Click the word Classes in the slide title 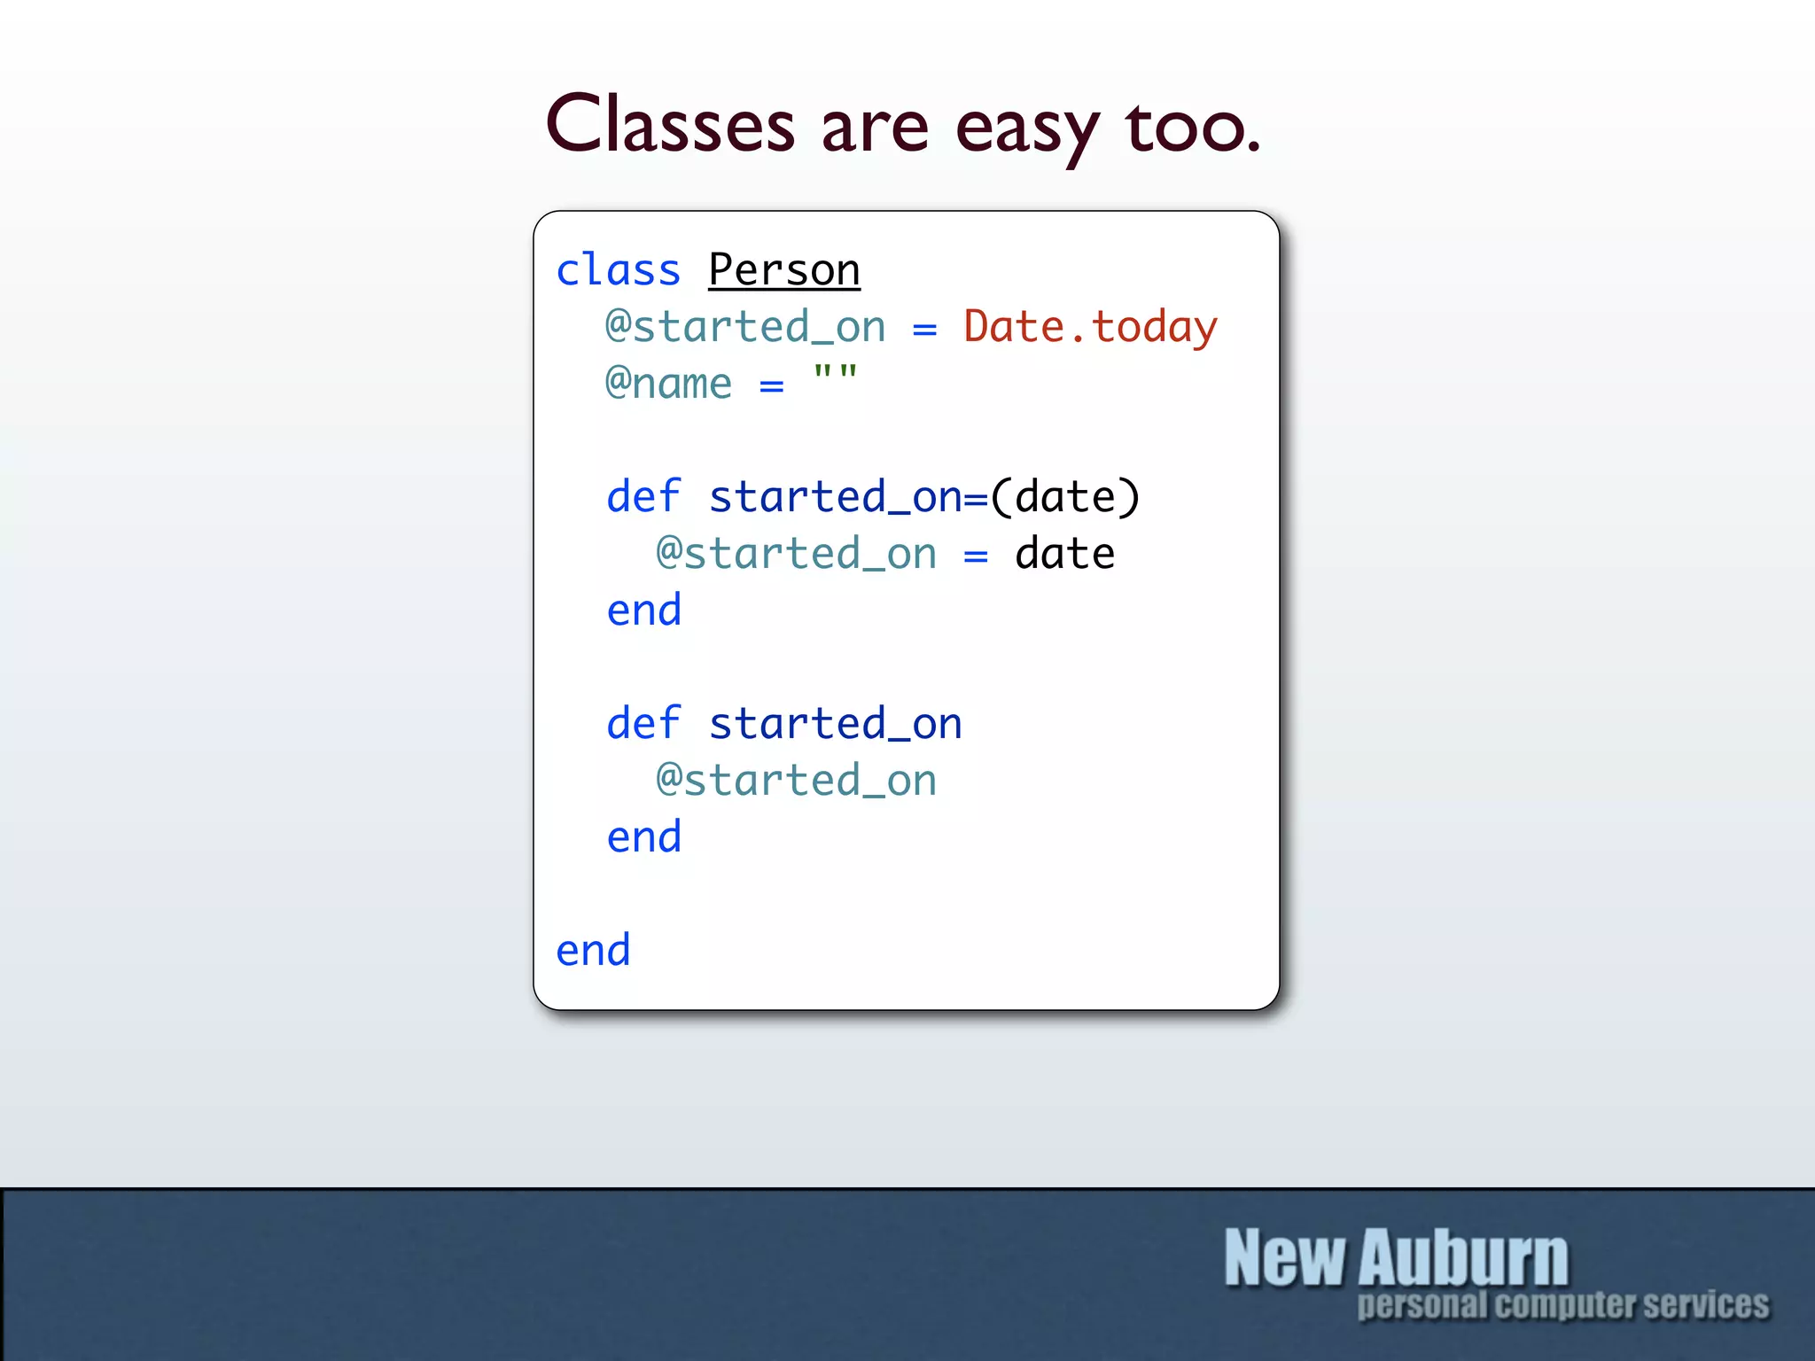point(670,124)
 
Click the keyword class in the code point(618,269)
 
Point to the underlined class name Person point(784,269)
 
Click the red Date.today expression point(1090,326)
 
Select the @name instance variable point(668,384)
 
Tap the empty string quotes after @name point(835,373)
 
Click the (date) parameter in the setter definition point(1065,497)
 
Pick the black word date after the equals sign point(1064,554)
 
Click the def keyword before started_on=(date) point(643,497)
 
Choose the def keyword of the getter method point(643,724)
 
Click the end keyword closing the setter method point(643,611)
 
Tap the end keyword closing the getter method point(643,837)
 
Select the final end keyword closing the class point(593,951)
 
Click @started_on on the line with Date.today point(744,327)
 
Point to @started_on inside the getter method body point(796,781)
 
